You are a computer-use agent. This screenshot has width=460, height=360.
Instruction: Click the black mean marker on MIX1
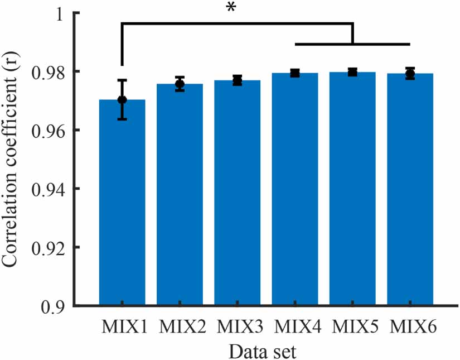122,100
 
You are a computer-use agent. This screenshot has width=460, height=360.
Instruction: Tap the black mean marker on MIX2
180,84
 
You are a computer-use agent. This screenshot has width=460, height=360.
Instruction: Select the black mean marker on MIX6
410,74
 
